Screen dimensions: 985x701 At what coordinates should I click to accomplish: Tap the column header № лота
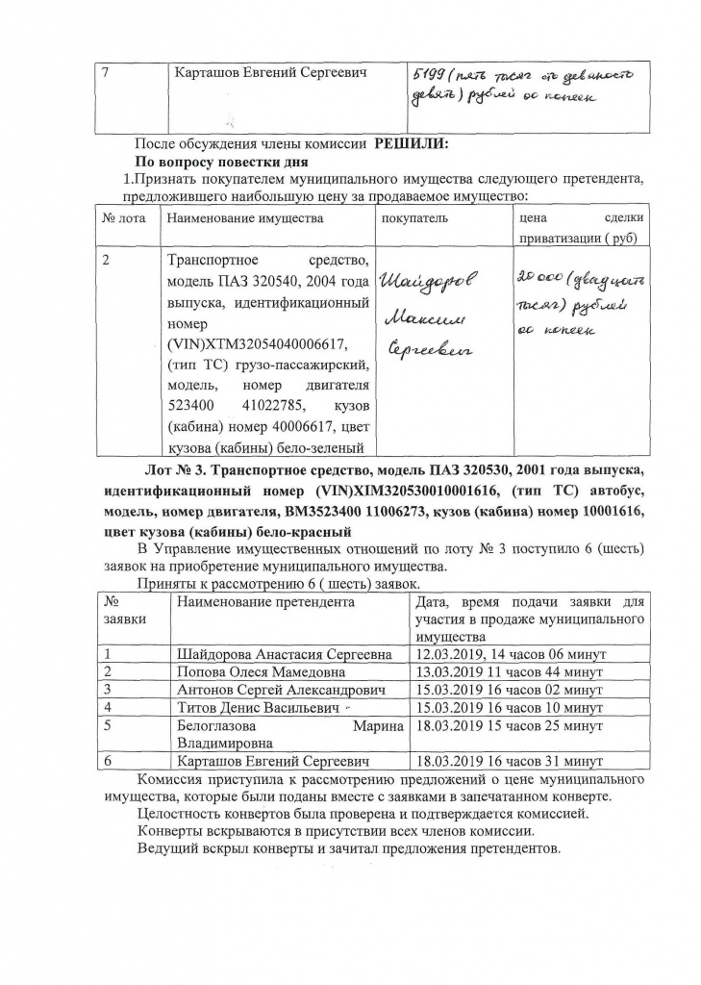(x=123, y=218)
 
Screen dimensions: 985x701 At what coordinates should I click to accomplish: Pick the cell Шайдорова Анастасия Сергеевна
(x=284, y=654)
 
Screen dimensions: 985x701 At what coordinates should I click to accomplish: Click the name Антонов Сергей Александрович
(x=281, y=690)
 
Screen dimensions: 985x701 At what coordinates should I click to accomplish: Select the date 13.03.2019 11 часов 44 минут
(x=508, y=671)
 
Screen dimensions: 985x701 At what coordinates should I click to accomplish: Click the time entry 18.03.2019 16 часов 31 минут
(x=508, y=761)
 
